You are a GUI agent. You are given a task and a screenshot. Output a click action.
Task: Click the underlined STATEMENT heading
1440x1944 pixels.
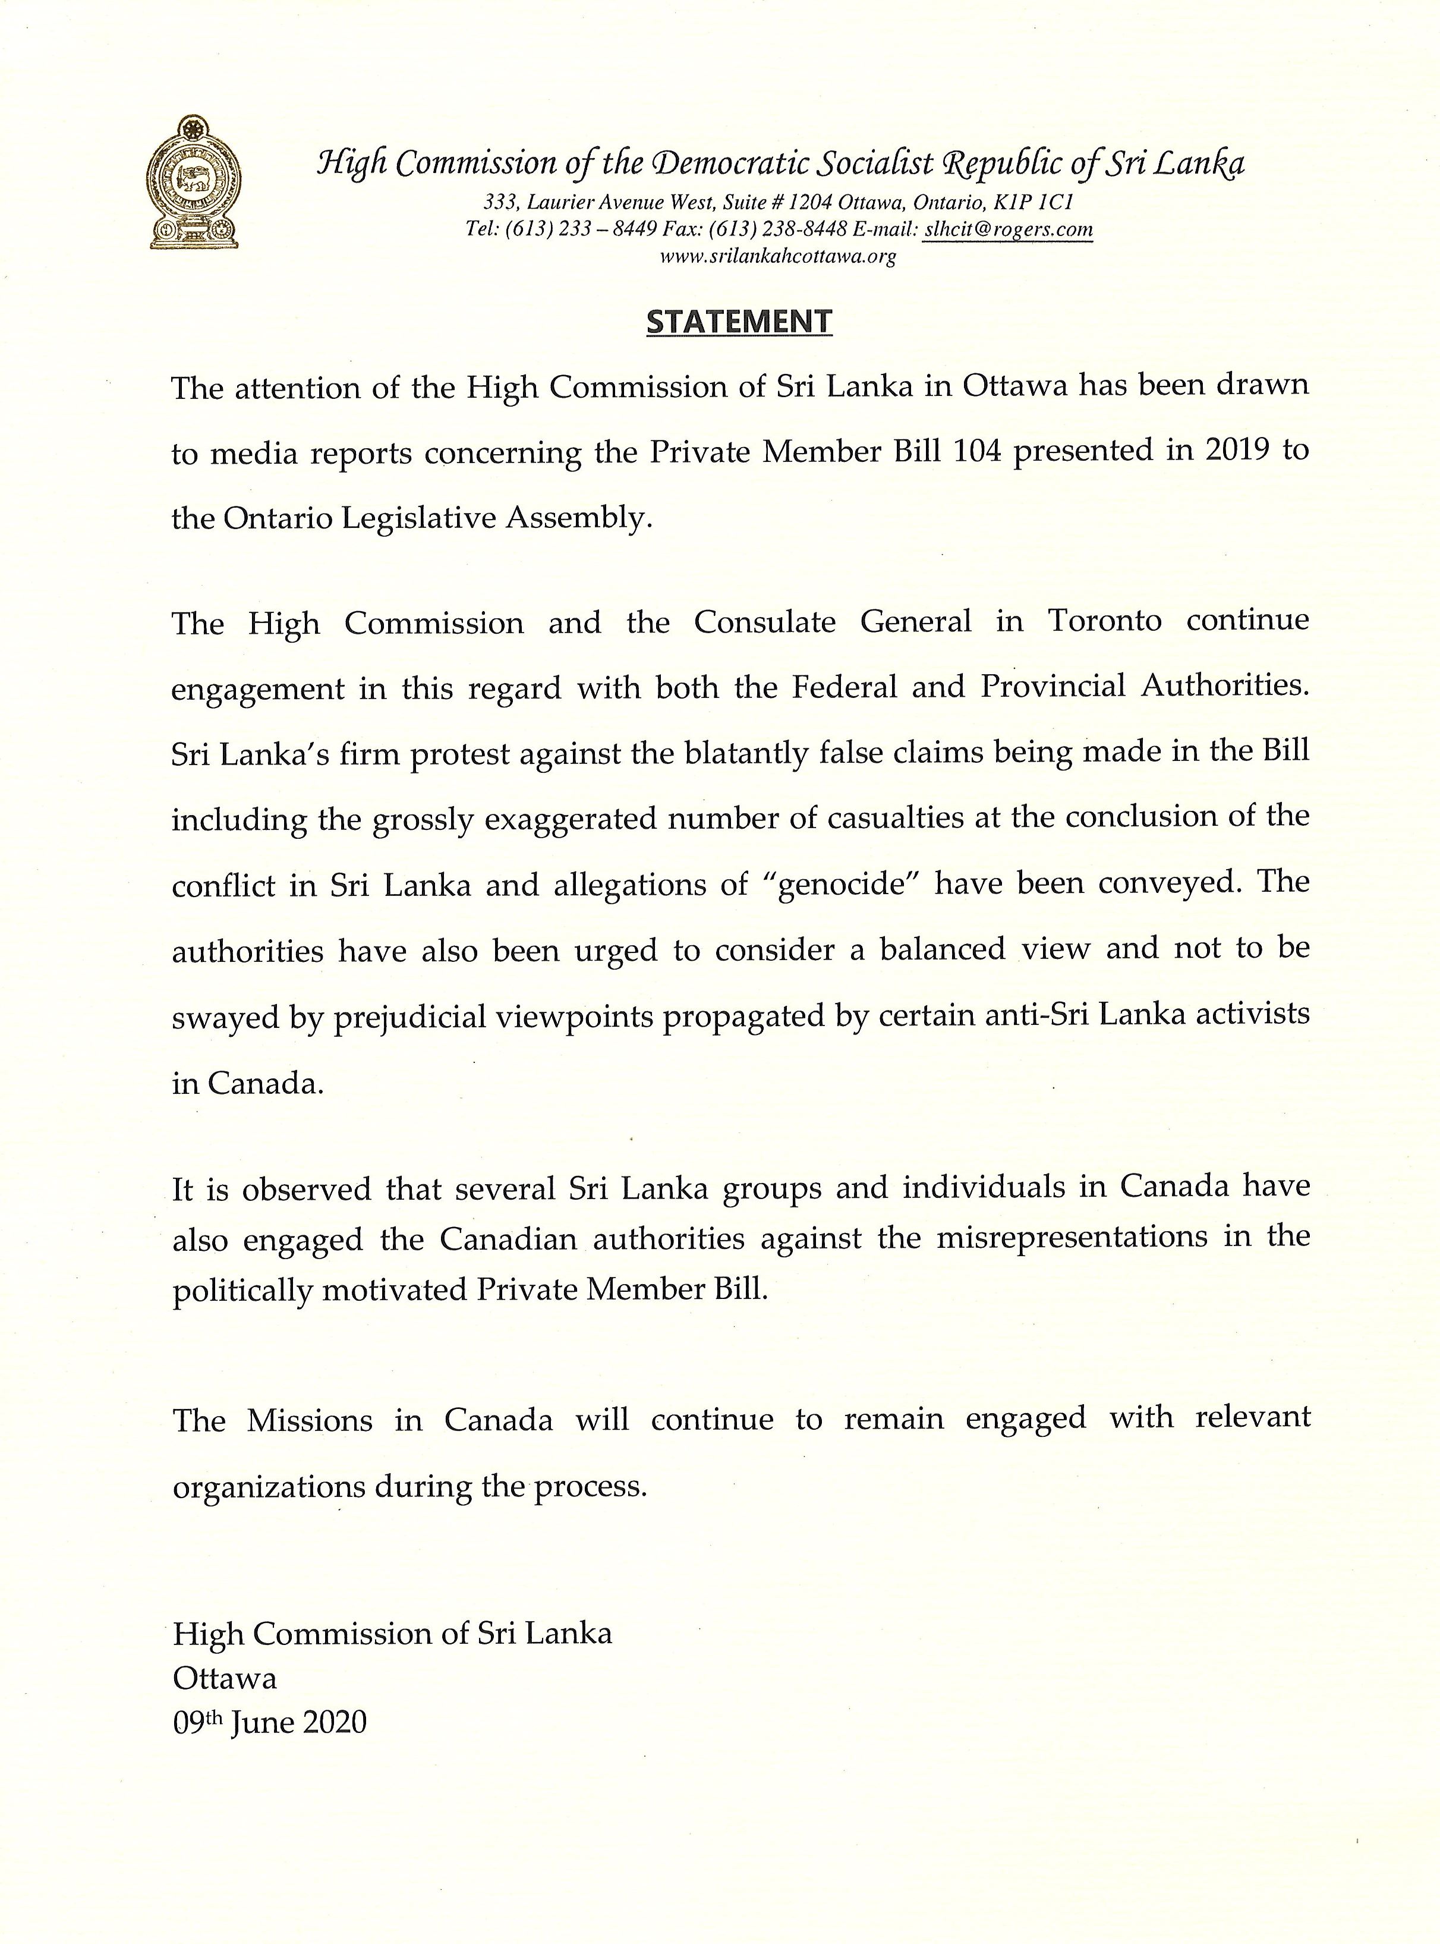tap(739, 322)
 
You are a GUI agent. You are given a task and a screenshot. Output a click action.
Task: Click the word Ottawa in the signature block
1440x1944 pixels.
tap(225, 1678)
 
